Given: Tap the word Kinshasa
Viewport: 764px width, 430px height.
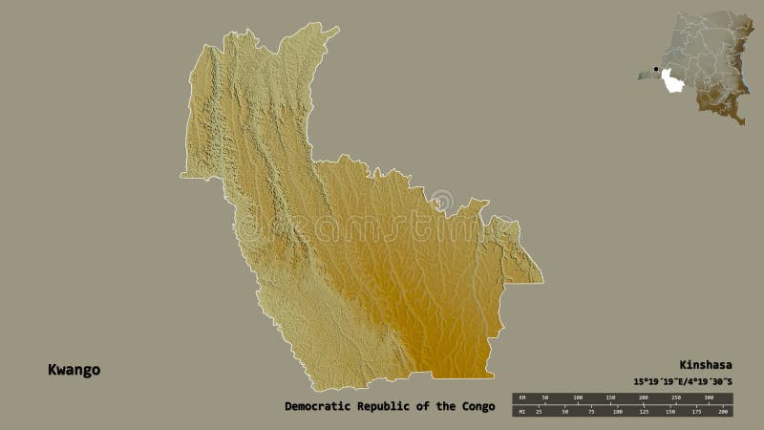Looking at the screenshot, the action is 704,364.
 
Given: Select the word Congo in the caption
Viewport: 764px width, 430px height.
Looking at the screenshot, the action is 476,406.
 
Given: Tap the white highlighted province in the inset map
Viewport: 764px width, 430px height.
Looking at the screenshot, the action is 675,82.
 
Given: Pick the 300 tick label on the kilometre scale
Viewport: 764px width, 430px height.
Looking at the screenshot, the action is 708,397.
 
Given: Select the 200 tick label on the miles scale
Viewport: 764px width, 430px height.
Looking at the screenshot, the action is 723,411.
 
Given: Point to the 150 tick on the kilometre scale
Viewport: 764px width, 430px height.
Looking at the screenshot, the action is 610,397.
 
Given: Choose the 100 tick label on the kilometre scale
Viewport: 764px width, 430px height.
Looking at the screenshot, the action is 578,397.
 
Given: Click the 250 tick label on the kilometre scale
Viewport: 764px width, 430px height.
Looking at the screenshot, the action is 675,397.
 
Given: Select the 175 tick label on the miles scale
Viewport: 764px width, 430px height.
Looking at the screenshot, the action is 697,411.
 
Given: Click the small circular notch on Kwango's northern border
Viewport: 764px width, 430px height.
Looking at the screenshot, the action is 442,200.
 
